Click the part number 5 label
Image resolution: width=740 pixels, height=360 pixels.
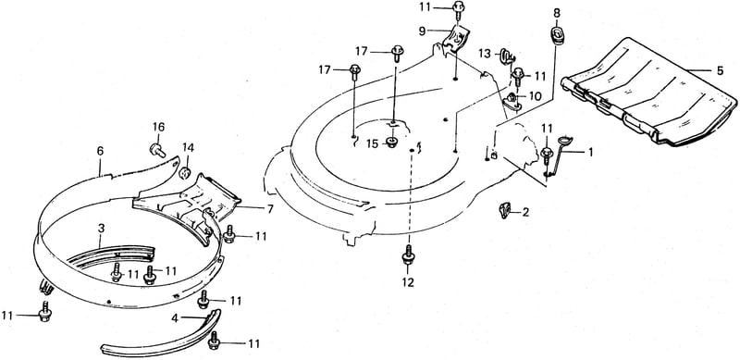pos(720,71)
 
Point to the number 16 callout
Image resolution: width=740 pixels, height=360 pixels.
pos(158,127)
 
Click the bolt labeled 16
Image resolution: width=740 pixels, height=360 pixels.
pos(157,150)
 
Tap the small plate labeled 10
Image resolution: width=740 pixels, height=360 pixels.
pos(513,102)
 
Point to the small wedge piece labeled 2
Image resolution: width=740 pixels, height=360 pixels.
pos(505,210)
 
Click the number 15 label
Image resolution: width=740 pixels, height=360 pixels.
pos(373,143)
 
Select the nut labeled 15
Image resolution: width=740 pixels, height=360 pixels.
pos(391,142)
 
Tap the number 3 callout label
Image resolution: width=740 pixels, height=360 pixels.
pos(101,229)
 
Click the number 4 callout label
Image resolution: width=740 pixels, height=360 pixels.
pos(175,318)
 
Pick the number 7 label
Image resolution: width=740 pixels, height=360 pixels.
pos(270,209)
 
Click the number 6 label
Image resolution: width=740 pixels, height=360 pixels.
pos(100,151)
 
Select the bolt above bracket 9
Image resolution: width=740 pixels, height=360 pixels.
pos(458,9)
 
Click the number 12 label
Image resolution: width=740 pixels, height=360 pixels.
pos(408,282)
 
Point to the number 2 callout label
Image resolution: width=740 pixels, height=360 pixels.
pos(525,212)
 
